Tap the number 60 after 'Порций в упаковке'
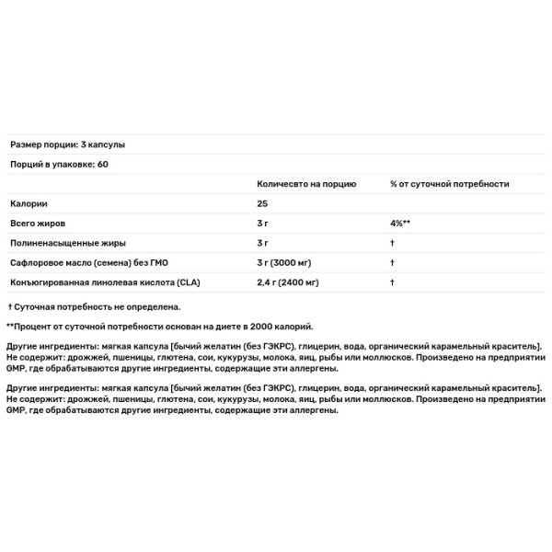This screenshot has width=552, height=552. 102,165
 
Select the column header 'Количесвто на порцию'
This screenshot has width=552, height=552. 300,184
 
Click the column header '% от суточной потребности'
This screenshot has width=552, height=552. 449,184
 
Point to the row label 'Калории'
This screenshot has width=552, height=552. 29,203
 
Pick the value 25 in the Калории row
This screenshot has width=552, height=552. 262,203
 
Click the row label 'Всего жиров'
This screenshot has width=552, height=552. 38,223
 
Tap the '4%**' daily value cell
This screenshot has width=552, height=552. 402,223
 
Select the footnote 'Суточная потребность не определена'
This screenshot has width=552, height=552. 97,306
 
